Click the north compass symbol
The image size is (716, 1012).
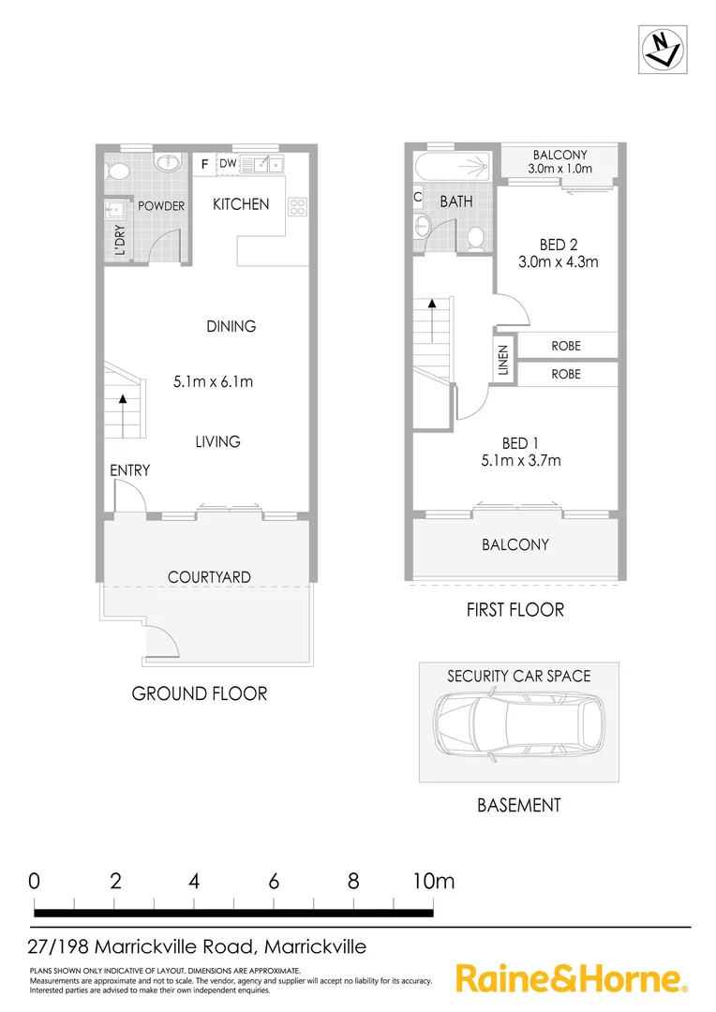(661, 47)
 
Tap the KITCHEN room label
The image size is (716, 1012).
(241, 204)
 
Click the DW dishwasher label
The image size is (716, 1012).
(228, 164)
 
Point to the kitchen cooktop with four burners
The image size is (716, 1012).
(298, 206)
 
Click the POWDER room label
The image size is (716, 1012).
(161, 206)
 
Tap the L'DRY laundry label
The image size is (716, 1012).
(120, 242)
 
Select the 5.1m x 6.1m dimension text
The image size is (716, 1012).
(214, 381)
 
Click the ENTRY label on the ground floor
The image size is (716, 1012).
(129, 470)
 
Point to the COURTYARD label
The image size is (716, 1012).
(209, 577)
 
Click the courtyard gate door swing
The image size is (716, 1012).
(161, 644)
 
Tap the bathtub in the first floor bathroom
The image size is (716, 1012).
(453, 169)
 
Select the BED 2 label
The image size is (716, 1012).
(553, 245)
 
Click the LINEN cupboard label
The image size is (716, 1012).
(503, 359)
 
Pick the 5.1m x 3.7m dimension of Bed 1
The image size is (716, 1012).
(518, 460)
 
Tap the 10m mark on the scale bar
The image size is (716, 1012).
(432, 881)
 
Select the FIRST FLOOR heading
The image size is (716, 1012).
(515, 610)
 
